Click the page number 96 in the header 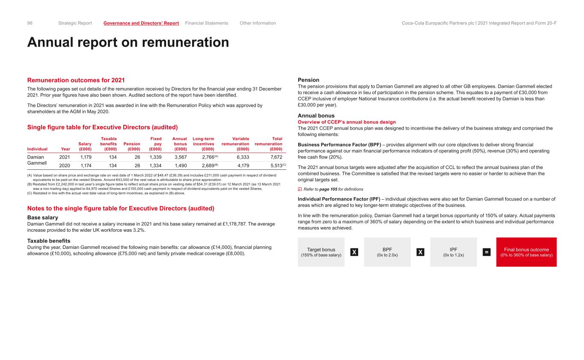(x=30, y=23)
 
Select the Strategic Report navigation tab (x=75, y=23)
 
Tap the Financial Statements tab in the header (x=207, y=23)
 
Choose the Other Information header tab (x=258, y=23)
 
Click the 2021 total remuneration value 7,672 (x=274, y=157)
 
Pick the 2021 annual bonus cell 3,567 (x=180, y=157)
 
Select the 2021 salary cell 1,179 (x=86, y=157)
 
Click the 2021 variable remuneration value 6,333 (x=243, y=157)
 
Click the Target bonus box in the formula (x=321, y=252)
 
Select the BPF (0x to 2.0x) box (x=387, y=252)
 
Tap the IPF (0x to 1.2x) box (x=454, y=252)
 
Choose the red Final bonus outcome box (x=526, y=252)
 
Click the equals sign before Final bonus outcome (x=486, y=252)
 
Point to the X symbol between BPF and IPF (x=421, y=252)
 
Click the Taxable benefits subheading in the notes (x=49, y=241)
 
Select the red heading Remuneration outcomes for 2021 (x=76, y=80)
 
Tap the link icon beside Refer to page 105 (x=299, y=189)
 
